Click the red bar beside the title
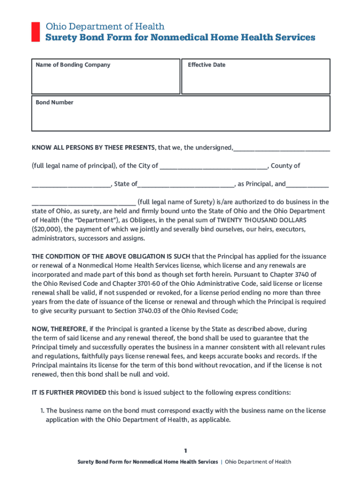pos(35,32)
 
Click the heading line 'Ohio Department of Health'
pos(105,27)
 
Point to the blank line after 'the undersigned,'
pos(281,149)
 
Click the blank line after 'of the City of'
pos(214,167)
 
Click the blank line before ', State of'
pos(71,185)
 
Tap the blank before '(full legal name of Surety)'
pos(84,203)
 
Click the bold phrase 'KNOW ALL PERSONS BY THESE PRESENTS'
pos(93,148)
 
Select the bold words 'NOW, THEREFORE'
pos(59,329)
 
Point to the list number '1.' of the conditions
pos(42,411)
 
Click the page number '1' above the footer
pos(185,451)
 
